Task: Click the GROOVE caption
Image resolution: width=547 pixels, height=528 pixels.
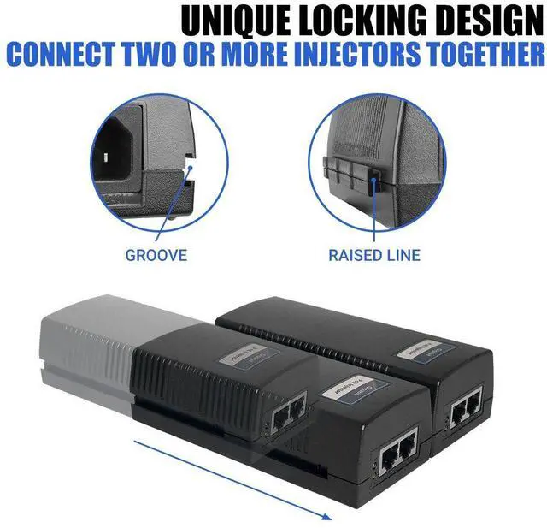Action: [156, 254]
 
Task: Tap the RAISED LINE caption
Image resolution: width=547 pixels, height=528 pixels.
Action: [374, 254]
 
